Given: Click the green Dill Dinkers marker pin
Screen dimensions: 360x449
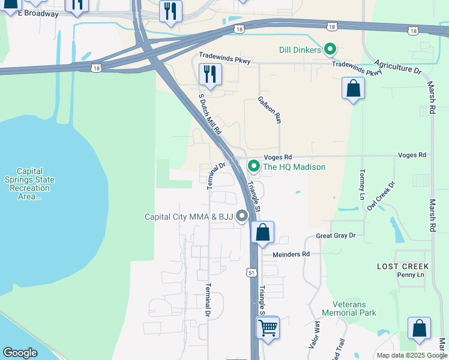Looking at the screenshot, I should pos(329,50).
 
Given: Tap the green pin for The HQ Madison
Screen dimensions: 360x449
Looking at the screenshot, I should pos(254,166).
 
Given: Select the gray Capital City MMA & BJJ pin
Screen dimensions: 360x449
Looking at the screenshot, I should pos(242,216).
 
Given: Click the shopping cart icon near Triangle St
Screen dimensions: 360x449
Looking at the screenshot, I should pos(268,328).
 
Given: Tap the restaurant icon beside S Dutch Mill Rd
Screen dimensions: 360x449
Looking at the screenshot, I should pos(210,74).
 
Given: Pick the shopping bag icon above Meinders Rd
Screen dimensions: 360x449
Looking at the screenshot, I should pos(262,232).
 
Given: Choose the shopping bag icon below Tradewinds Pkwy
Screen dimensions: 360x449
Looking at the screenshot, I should pos(353,89).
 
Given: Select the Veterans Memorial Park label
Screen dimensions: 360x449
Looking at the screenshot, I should pos(349,308).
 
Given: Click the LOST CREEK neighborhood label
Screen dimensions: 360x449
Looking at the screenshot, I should pos(403,266).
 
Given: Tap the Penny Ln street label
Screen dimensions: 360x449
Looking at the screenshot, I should pos(411,275).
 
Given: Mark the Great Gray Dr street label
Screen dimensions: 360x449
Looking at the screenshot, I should pos(336,236).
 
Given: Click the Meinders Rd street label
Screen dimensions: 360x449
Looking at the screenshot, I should pos(291,254).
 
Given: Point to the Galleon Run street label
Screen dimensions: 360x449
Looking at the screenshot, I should pos(270,110).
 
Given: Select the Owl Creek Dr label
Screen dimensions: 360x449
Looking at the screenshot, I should pos(381,196).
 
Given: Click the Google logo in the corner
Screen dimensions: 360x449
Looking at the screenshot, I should pos(20,353).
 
